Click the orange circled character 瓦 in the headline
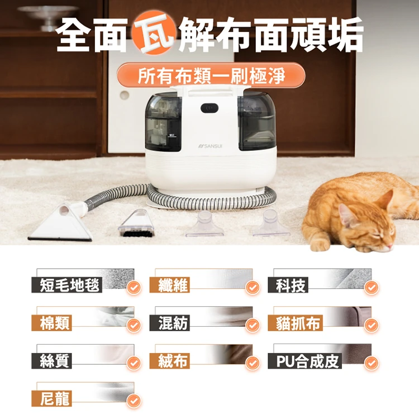tap(153, 33)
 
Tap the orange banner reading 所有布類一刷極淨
tap(211, 75)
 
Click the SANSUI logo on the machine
tap(210, 146)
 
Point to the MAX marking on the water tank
tap(172, 136)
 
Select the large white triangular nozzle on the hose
tap(62, 222)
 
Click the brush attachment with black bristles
tap(137, 224)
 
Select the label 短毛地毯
tap(67, 285)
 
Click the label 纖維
tap(169, 285)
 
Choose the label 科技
tap(288, 285)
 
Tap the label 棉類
tap(51, 323)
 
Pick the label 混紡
tap(169, 323)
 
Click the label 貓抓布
tap(296, 323)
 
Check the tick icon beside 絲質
tap(134, 363)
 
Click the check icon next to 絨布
tap(253, 363)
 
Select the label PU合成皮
tap(304, 361)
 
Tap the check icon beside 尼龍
tap(134, 401)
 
